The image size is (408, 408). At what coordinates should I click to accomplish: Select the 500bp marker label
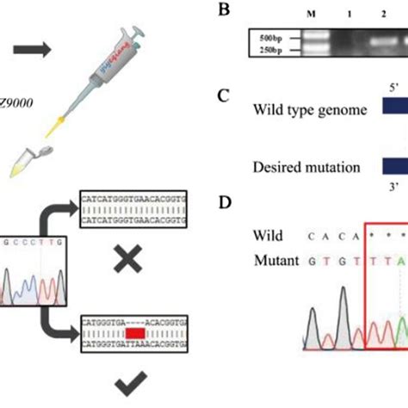coord(266,38)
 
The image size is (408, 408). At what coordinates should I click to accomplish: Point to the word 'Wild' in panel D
coord(268,234)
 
